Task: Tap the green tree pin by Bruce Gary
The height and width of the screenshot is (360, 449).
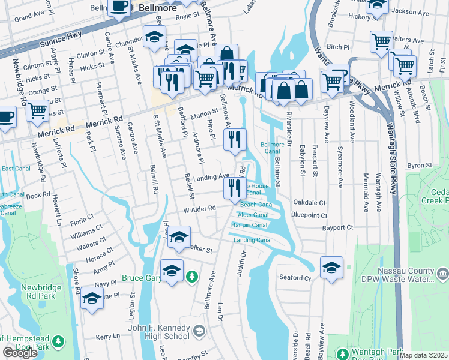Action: click(191, 277)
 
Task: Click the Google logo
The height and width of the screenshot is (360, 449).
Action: click(20, 353)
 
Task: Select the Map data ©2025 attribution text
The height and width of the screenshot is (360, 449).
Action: click(424, 355)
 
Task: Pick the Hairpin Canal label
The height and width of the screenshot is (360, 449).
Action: click(249, 225)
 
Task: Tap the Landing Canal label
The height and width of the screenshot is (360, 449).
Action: click(253, 241)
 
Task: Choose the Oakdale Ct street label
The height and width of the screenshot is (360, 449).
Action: click(309, 203)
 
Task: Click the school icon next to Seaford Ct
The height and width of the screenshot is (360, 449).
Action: click(331, 268)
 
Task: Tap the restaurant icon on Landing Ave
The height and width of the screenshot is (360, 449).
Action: click(235, 187)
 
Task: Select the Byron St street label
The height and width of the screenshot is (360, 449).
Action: click(420, 165)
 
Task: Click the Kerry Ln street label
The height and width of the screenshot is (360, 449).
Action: click(108, 337)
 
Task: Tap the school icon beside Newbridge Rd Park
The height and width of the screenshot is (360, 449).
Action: click(92, 298)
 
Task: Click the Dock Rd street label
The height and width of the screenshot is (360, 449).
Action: click(38, 195)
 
